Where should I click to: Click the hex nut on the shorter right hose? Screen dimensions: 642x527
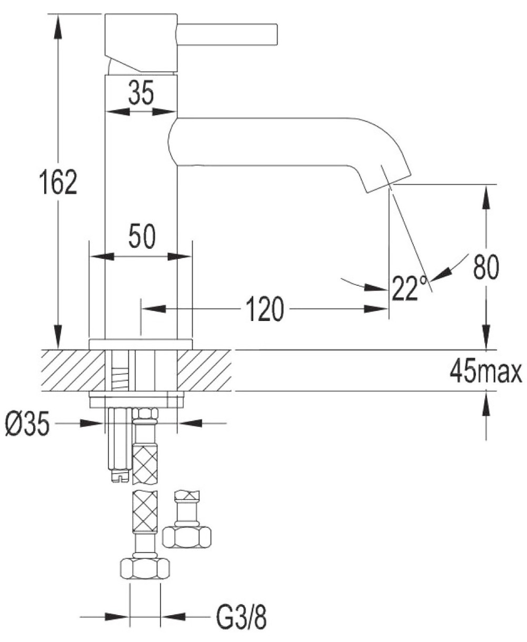point(187,536)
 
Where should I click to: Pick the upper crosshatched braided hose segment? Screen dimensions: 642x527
point(145,463)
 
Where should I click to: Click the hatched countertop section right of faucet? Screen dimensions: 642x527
point(205,370)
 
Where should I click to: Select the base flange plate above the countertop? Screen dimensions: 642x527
point(141,344)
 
